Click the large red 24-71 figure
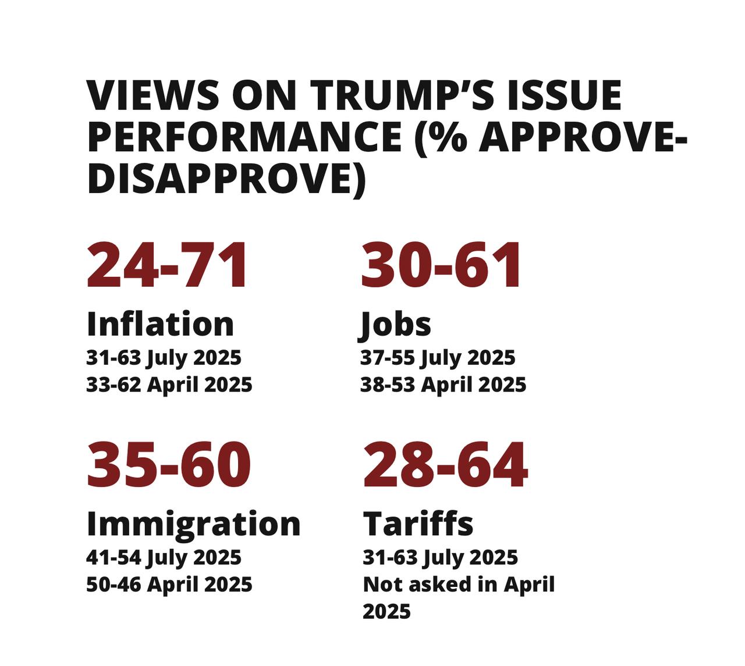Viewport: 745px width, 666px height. click(x=168, y=265)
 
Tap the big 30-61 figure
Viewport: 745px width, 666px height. click(x=442, y=265)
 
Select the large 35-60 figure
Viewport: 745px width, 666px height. click(x=169, y=465)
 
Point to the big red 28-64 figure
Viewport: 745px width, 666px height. click(x=445, y=465)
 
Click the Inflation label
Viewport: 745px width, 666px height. click(x=160, y=324)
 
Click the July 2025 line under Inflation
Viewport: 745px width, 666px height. click(x=164, y=358)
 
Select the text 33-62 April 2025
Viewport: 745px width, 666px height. click(x=169, y=384)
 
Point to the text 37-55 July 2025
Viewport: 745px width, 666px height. click(x=438, y=358)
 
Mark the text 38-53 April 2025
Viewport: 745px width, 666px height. click(x=443, y=384)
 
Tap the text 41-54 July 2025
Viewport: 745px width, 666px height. click(x=164, y=557)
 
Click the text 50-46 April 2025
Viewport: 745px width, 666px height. click(x=169, y=584)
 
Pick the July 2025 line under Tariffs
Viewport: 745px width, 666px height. click(x=440, y=557)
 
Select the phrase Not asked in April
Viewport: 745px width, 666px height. click(x=459, y=584)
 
